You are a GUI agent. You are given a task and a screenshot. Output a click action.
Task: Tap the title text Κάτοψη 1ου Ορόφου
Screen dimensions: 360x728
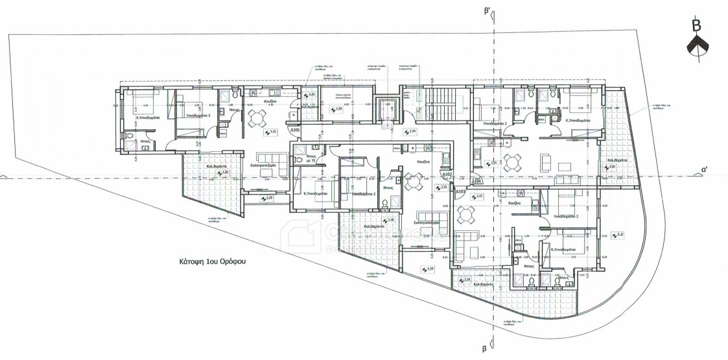[215, 263]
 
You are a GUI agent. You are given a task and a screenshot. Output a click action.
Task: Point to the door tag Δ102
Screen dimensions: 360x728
[446, 174]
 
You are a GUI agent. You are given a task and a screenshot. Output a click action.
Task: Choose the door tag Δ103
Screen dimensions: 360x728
[460, 192]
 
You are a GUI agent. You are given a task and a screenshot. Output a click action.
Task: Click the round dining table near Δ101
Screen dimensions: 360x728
[257, 118]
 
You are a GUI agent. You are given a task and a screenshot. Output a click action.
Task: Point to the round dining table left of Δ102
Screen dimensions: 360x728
[413, 182]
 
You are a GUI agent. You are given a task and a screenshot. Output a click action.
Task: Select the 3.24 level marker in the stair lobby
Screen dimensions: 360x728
[410, 132]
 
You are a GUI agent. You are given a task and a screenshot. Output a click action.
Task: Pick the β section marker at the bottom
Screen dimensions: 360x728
[484, 348]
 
